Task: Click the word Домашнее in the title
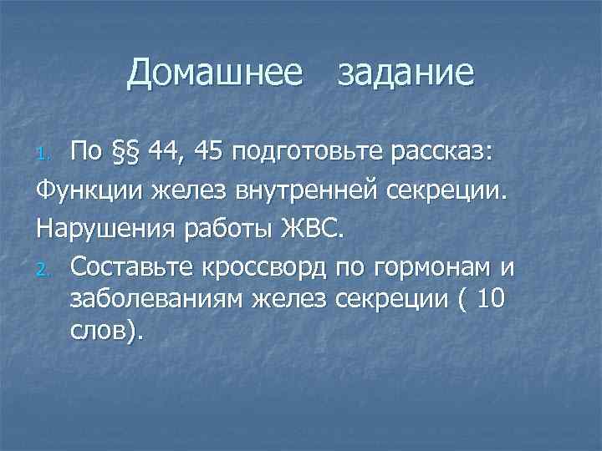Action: (x=215, y=73)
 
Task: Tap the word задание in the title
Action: (x=406, y=73)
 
